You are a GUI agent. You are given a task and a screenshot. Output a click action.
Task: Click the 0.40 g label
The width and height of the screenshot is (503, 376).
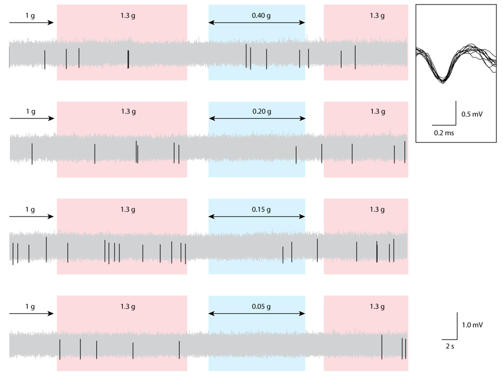click(x=261, y=15)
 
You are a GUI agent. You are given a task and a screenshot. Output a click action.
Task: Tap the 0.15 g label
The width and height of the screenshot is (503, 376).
click(x=261, y=210)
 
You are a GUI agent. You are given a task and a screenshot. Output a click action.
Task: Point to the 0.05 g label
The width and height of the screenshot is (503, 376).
click(x=261, y=307)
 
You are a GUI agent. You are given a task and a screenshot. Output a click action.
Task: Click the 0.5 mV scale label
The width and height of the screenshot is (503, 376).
click(x=472, y=114)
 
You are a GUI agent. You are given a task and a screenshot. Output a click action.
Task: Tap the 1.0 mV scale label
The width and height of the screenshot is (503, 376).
click(x=472, y=324)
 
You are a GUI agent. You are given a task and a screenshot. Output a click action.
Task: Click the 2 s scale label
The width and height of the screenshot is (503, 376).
click(x=449, y=347)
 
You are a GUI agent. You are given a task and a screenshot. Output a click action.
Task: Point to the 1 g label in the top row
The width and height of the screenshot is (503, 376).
click(x=30, y=16)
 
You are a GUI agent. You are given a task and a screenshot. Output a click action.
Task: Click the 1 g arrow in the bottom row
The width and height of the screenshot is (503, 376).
click(x=31, y=313)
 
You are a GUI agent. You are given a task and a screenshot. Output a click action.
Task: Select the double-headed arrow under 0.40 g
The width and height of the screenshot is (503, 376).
click(x=257, y=23)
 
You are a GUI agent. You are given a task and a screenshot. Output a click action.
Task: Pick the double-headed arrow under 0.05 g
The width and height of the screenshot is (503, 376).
click(x=257, y=313)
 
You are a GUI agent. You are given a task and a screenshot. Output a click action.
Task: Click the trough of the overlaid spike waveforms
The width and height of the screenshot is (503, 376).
click(x=443, y=80)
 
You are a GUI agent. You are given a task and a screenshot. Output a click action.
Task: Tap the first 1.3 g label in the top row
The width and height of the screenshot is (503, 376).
click(x=128, y=15)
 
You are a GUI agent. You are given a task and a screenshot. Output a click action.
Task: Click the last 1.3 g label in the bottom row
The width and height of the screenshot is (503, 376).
click(x=377, y=307)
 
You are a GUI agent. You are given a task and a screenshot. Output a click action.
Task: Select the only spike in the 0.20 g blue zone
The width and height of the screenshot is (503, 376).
click(x=296, y=155)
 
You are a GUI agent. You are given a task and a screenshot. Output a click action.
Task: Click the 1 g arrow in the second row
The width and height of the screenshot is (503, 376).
click(x=31, y=119)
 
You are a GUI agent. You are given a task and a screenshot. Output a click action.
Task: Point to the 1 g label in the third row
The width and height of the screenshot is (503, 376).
click(x=30, y=210)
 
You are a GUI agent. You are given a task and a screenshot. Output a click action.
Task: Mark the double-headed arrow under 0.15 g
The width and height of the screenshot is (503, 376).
click(x=257, y=216)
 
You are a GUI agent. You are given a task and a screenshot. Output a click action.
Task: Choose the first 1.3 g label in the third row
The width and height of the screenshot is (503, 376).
click(x=128, y=210)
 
